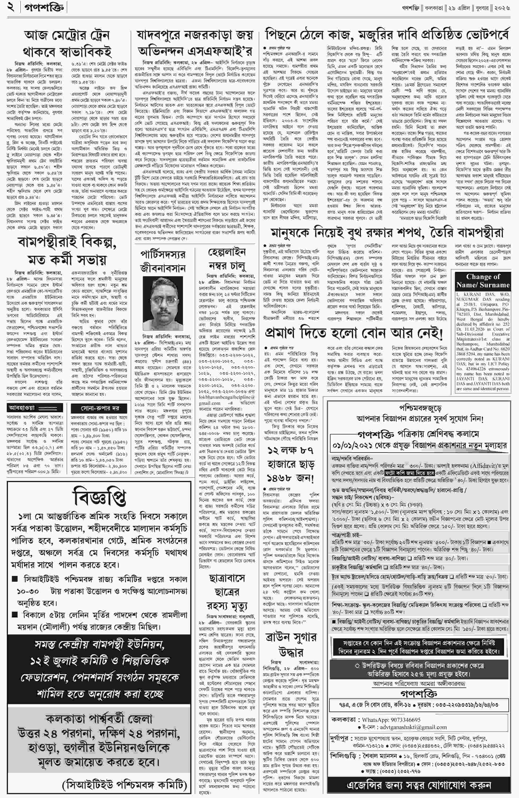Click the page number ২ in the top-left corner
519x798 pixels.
click(11, 7)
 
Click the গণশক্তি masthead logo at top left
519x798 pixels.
click(44, 7)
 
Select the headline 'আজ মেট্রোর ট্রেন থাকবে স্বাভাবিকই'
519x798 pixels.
click(67, 44)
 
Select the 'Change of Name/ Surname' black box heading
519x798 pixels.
click(483, 281)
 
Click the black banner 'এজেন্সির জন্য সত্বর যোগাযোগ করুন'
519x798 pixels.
click(419, 785)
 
